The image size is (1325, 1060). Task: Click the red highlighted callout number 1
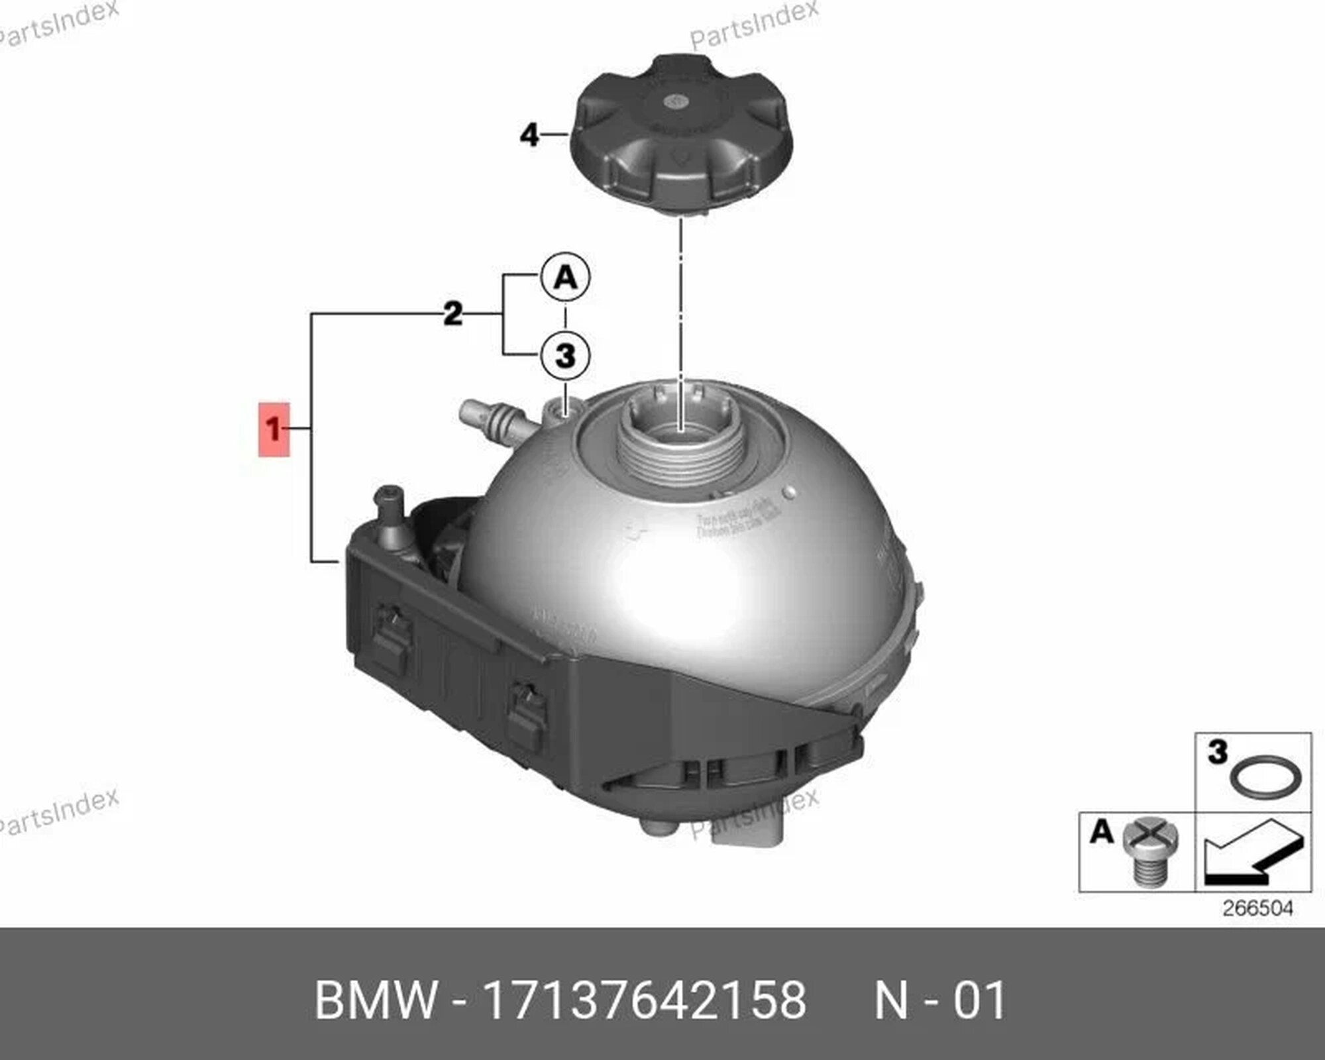[274, 429]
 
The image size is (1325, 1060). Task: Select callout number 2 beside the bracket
[452, 313]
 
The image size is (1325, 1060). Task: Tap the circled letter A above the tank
[565, 278]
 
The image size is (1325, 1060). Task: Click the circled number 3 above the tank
[565, 355]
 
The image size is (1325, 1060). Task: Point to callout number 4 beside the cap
[529, 135]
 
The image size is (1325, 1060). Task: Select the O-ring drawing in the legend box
[1265, 776]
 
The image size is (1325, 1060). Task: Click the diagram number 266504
[1257, 908]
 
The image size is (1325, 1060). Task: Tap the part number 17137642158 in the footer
[645, 1000]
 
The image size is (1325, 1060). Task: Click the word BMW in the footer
[376, 1000]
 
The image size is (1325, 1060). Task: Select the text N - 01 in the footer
[940, 1000]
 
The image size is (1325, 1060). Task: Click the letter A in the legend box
[1101, 831]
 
